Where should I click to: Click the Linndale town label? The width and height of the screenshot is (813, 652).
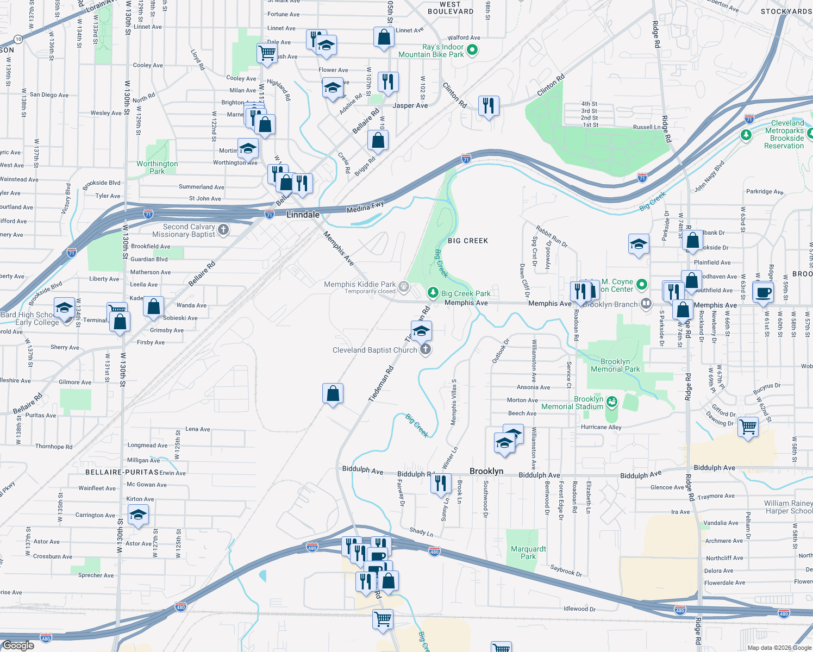tap(303, 215)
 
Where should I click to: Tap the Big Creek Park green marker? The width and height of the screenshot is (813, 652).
tap(433, 293)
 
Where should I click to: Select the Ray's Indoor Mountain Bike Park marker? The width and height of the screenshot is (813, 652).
tap(472, 50)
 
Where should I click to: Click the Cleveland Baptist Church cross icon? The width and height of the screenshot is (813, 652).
tap(426, 350)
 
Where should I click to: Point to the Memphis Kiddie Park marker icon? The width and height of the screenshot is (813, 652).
tap(403, 286)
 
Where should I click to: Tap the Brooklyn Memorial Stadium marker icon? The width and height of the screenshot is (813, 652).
tap(612, 402)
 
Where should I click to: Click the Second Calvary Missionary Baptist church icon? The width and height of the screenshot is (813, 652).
tap(223, 230)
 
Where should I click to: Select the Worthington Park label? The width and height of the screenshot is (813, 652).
tap(157, 167)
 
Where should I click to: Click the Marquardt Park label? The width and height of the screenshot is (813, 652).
tap(528, 553)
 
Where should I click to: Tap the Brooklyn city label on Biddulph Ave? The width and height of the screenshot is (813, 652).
tap(486, 471)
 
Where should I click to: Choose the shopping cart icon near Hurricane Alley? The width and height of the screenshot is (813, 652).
tap(748, 427)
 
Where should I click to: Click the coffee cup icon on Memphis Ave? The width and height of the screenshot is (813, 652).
tap(764, 292)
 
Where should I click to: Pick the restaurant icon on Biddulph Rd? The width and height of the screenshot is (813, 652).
tap(441, 482)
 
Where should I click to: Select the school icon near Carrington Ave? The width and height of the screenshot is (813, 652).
tap(138, 514)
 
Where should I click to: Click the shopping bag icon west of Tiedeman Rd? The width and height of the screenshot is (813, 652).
tap(333, 393)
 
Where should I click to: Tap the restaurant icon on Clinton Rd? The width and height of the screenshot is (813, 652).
tap(489, 105)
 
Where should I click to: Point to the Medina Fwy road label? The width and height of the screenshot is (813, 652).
tap(365, 207)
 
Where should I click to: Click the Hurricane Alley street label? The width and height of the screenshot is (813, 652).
tap(601, 427)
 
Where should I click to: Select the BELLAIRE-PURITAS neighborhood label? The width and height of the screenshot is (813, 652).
tap(122, 472)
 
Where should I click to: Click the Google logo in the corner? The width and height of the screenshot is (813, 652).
tap(18, 645)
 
